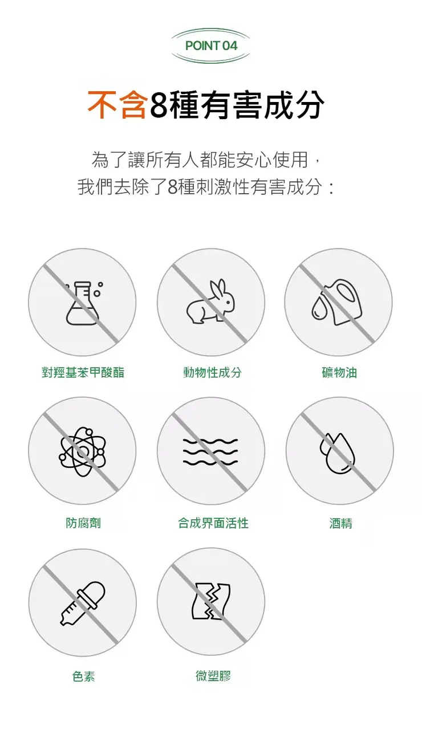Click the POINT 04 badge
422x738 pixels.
point(211,46)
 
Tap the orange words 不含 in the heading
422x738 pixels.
point(117,105)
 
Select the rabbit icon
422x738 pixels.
point(210,301)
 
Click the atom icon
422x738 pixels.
point(82,452)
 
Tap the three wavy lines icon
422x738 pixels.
point(210,451)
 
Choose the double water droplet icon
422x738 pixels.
point(339,452)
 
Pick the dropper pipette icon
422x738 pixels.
point(83,603)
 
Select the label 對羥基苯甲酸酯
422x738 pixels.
point(83,373)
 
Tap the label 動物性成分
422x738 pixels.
point(212,373)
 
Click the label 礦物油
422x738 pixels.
point(340,373)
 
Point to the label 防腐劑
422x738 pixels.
point(83,523)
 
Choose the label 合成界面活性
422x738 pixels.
point(213,523)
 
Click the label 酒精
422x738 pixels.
point(341,523)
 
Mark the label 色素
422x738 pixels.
point(83,676)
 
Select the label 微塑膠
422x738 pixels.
point(213,676)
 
